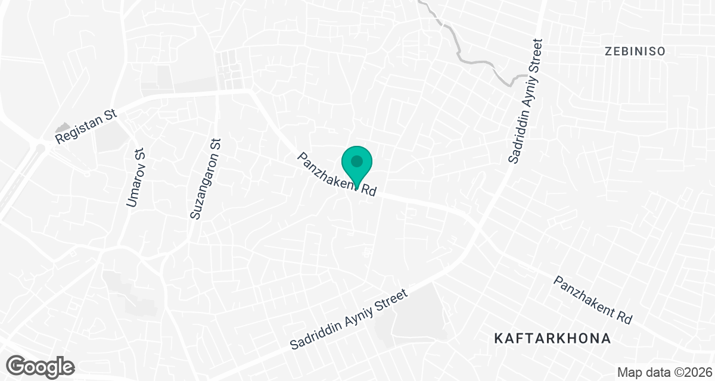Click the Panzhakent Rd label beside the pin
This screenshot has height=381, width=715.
(337, 174)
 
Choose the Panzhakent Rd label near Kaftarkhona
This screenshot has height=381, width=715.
(592, 299)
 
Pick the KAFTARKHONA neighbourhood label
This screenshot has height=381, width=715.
(553, 339)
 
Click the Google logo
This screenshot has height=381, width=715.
(40, 366)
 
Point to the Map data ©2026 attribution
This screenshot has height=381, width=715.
(664, 372)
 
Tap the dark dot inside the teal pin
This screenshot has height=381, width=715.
(356, 161)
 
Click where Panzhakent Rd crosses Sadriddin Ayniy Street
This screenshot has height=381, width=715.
(478, 228)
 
